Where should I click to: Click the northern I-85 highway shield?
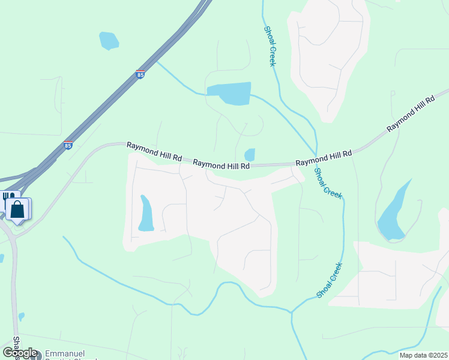140,75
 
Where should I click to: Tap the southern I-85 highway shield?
68,145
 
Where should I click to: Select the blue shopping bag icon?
18,210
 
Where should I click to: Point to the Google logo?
20,353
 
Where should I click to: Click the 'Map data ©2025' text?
423,355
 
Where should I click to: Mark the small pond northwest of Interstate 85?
109,40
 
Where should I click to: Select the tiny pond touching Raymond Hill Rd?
250,154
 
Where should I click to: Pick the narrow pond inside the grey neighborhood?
146,214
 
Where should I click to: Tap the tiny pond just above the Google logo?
22,316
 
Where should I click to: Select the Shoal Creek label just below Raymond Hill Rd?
328,183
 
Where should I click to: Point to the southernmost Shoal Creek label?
329,281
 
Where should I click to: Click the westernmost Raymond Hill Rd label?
154,151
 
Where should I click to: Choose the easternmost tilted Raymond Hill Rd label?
411,113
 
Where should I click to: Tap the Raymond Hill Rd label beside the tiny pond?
221,164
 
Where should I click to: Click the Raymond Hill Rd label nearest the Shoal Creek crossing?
323,158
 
